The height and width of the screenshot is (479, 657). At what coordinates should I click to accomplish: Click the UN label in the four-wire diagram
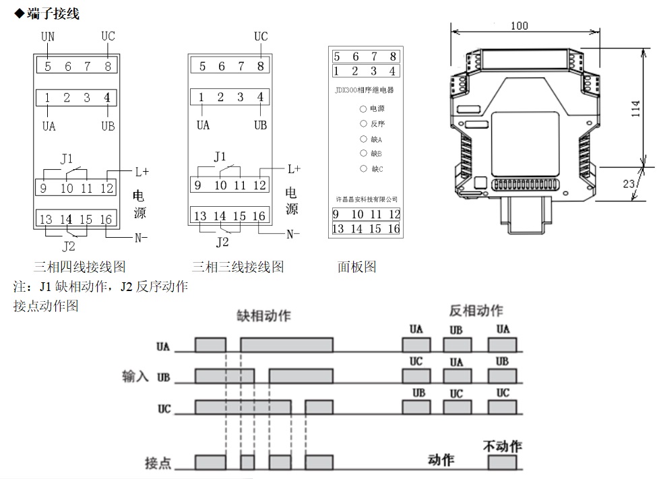(47, 36)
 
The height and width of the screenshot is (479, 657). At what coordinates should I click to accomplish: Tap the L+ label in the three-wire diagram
(294, 168)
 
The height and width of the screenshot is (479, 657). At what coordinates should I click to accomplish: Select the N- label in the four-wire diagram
(141, 237)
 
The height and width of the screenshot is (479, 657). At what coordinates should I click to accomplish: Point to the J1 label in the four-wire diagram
(66, 159)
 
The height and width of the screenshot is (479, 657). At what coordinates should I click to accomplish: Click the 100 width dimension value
(520, 26)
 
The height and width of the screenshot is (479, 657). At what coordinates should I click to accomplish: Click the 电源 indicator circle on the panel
(363, 108)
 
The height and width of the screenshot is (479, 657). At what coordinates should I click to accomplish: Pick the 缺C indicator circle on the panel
(363, 168)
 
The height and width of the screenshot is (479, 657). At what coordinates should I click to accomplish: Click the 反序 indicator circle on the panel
(363, 124)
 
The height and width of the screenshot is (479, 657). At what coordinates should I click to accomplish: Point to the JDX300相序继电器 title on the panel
(365, 89)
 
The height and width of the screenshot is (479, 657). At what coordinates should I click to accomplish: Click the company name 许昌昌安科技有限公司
(367, 199)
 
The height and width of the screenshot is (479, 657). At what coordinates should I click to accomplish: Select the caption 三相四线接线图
(80, 267)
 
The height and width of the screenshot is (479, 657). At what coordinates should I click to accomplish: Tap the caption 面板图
(356, 267)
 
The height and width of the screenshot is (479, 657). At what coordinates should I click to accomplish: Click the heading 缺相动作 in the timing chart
(264, 315)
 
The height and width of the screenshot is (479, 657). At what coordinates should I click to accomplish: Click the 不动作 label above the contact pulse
(503, 446)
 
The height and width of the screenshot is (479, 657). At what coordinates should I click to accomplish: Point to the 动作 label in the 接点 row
(441, 460)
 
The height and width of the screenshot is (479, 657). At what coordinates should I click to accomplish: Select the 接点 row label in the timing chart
(158, 464)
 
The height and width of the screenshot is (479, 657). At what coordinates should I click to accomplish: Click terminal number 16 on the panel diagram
(394, 229)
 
